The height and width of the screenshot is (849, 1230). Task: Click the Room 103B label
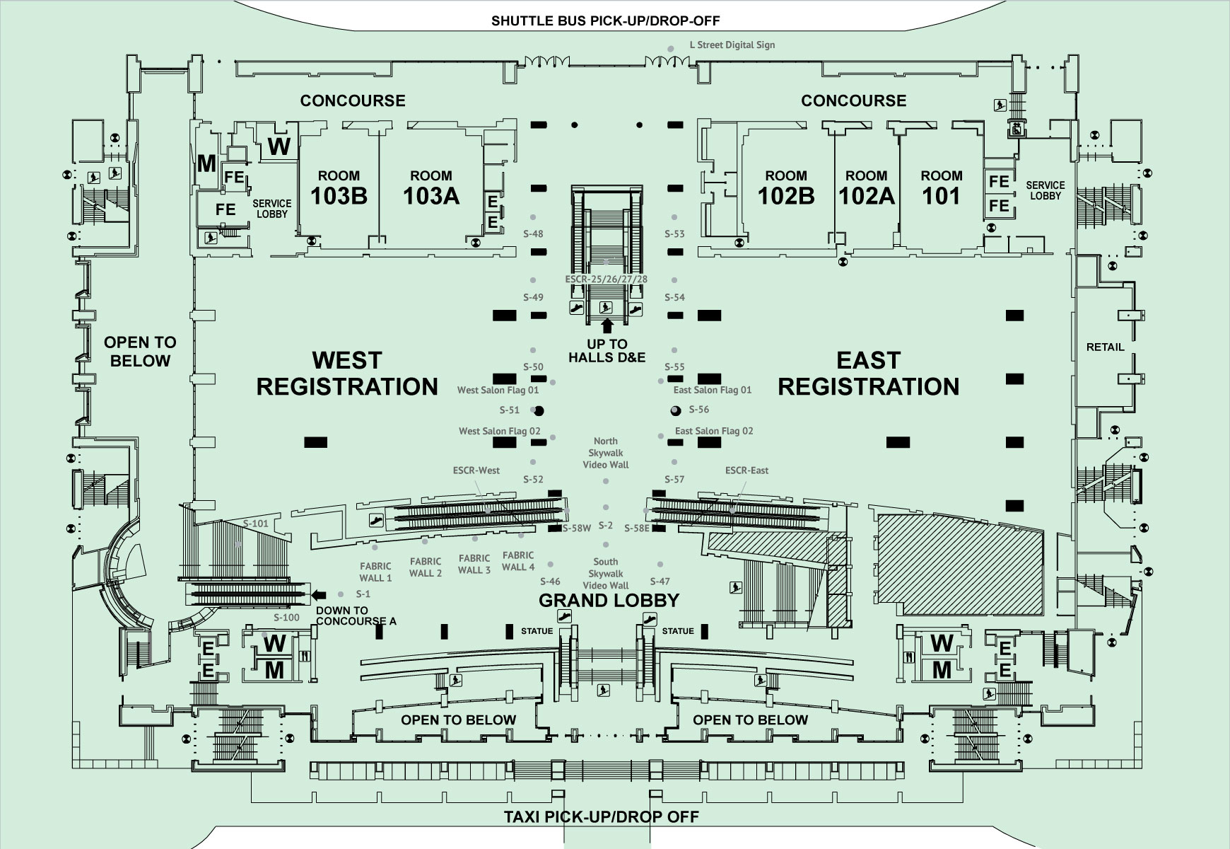coord(339,188)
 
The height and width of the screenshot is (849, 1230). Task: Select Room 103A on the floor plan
coord(431,188)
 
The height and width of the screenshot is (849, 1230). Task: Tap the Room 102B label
coord(786,188)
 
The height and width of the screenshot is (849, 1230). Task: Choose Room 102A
coord(867,188)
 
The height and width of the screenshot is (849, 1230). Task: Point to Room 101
coord(942,188)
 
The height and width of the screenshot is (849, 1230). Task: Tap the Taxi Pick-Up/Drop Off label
coord(602,817)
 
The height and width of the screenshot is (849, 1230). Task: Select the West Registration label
coord(347,374)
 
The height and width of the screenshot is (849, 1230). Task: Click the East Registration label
coord(869,374)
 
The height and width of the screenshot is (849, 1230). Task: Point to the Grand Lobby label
coord(609,601)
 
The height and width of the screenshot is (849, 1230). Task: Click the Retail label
coord(1105,347)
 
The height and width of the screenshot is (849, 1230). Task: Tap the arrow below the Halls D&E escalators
coord(606,326)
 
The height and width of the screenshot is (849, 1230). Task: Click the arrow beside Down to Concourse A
coord(320,595)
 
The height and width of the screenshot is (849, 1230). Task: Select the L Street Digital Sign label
coord(732,45)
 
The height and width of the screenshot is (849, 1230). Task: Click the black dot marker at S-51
coord(539,410)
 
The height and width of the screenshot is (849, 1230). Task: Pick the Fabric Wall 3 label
coord(474,565)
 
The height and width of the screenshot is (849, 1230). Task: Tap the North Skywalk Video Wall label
coord(606,453)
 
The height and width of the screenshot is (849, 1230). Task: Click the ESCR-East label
coord(746,470)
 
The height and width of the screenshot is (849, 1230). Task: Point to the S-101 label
coord(256,524)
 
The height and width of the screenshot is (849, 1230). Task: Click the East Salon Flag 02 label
coord(714,431)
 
